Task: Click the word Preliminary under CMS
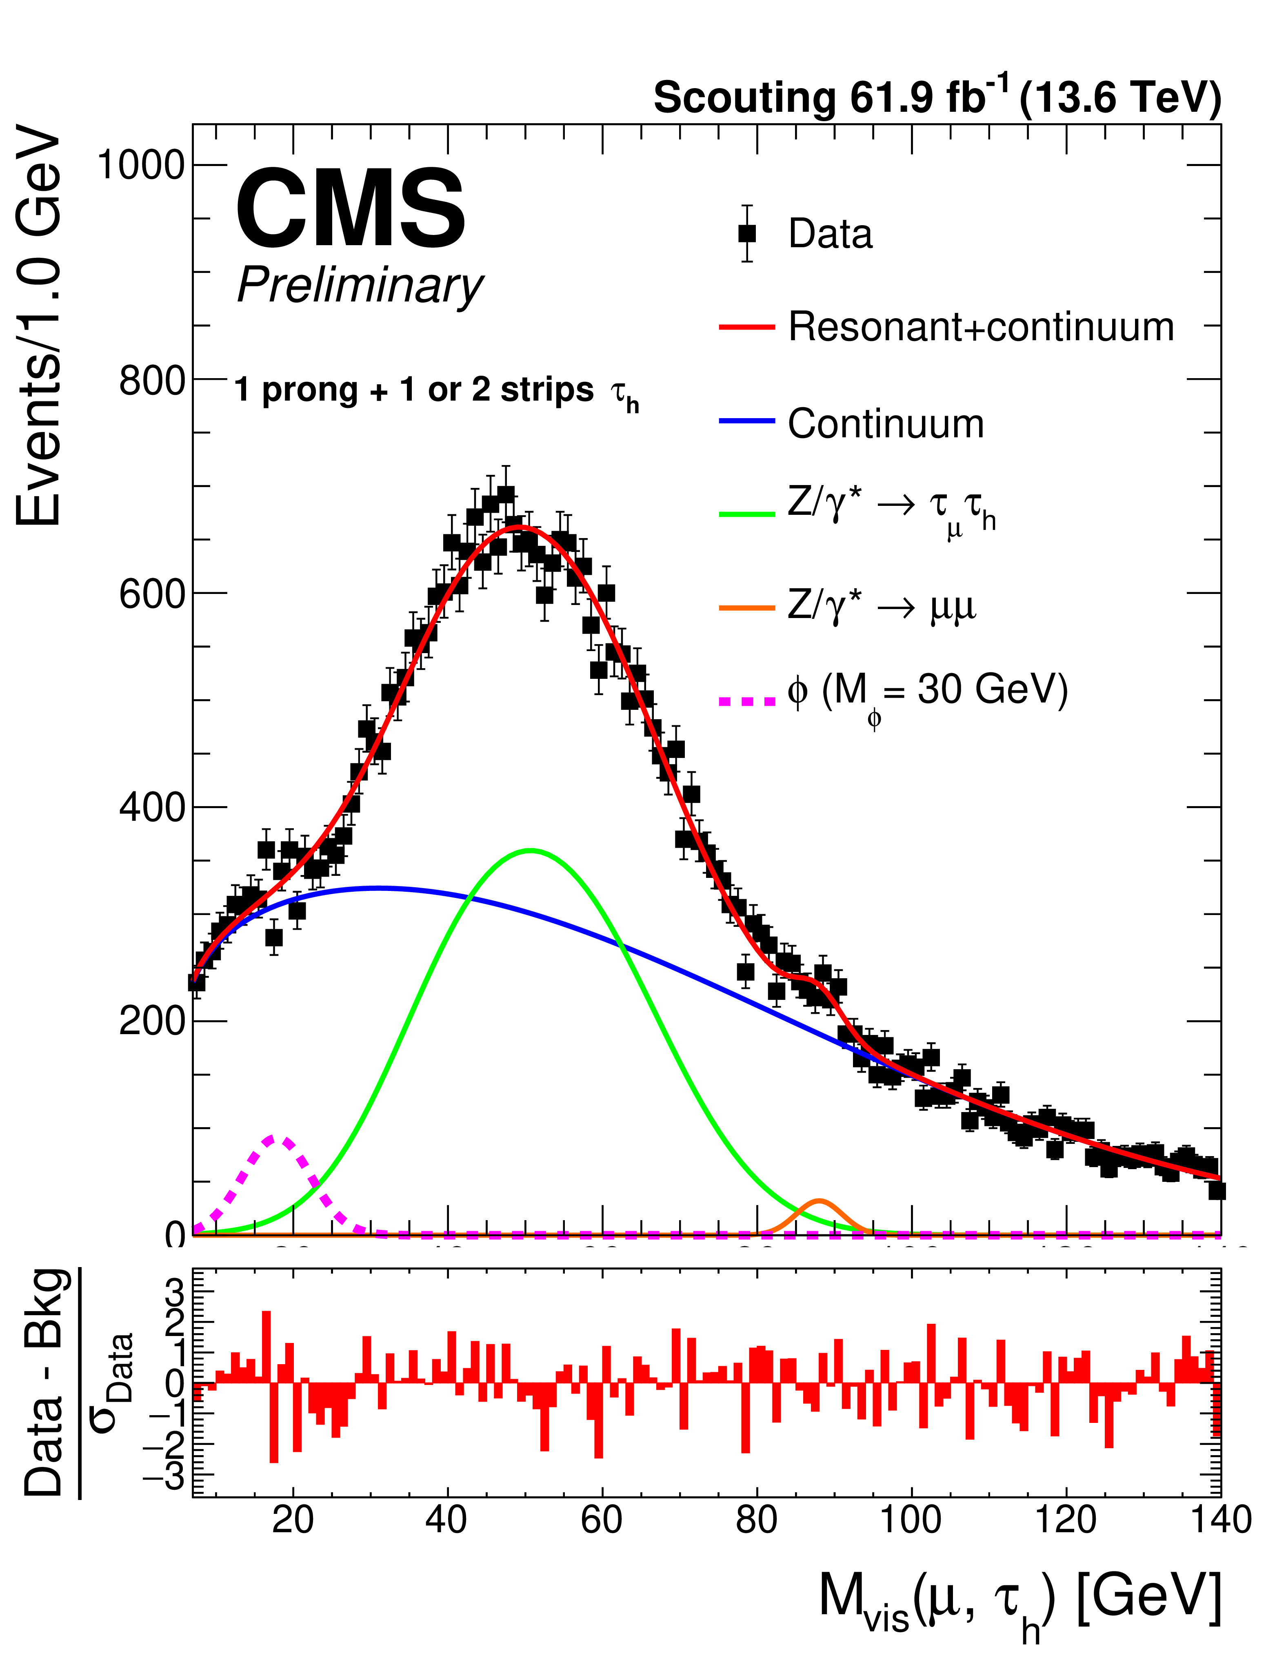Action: (360, 286)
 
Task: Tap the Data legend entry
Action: (829, 233)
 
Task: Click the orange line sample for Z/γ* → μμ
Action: (746, 608)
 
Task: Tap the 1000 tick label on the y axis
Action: (142, 164)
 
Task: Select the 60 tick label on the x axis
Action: (602, 1519)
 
